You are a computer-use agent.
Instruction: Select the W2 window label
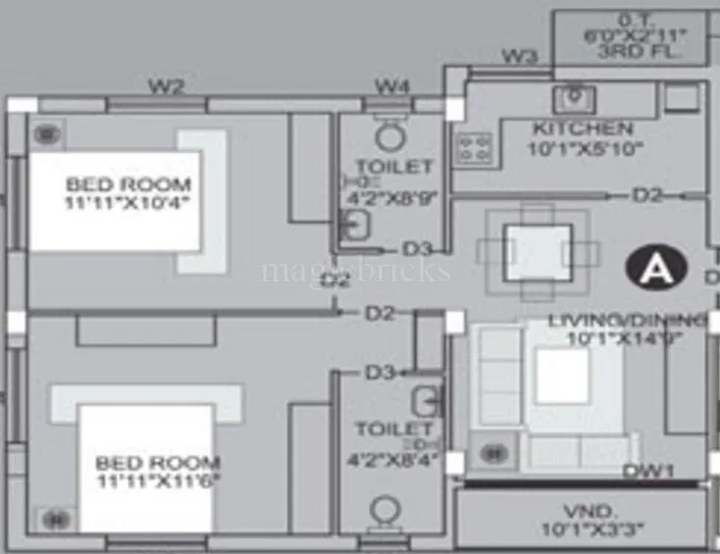166,86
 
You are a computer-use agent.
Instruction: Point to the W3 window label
519,57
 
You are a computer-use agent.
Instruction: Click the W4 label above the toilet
391,86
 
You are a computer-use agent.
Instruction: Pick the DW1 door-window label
649,472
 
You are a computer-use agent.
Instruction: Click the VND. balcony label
579,511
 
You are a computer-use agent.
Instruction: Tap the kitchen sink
572,98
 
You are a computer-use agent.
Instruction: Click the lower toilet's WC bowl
386,512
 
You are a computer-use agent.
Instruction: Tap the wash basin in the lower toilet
425,401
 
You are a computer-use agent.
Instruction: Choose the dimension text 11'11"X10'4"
129,204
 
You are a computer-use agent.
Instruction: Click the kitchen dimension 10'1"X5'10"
584,149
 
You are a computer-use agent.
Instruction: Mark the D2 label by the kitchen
647,195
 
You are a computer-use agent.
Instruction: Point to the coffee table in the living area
562,377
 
